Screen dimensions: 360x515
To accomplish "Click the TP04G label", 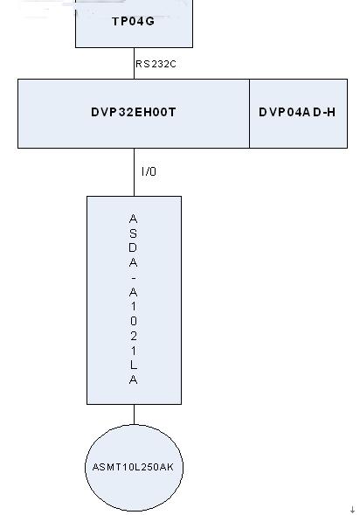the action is pyautogui.click(x=133, y=21).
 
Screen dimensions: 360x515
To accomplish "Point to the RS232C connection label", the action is pyautogui.click(x=156, y=64).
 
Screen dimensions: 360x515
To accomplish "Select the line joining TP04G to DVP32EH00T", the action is pyautogui.click(x=134, y=63).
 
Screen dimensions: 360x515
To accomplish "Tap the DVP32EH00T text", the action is pyautogui.click(x=133, y=112).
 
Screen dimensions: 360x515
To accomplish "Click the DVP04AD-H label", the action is pyautogui.click(x=297, y=112).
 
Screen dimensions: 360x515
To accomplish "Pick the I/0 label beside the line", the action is pyautogui.click(x=149, y=171).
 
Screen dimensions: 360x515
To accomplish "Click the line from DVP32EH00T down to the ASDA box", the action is pyautogui.click(x=134, y=172).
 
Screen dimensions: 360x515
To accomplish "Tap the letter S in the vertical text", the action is pyautogui.click(x=133, y=233).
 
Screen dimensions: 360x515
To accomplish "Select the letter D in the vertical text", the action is pyautogui.click(x=133, y=247).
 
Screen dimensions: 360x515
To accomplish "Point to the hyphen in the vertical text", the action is pyautogui.click(x=133, y=278).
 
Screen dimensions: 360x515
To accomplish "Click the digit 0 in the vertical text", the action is pyautogui.click(x=133, y=321).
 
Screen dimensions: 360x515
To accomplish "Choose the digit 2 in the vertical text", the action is pyautogui.click(x=133, y=336).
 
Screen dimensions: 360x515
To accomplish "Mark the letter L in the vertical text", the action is pyautogui.click(x=133, y=365).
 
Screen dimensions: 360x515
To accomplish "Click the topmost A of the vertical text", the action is pyautogui.click(x=133, y=219).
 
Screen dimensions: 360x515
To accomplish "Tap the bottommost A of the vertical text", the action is pyautogui.click(x=133, y=379).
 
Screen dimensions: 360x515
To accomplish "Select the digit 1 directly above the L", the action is pyautogui.click(x=133, y=351).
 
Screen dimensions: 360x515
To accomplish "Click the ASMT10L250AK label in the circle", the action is pyautogui.click(x=133, y=467).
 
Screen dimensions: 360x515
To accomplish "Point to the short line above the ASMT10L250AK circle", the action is pyautogui.click(x=134, y=414).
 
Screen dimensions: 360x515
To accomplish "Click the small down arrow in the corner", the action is pyautogui.click(x=352, y=510).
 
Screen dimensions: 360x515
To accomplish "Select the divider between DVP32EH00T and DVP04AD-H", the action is pyautogui.click(x=249, y=114).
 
